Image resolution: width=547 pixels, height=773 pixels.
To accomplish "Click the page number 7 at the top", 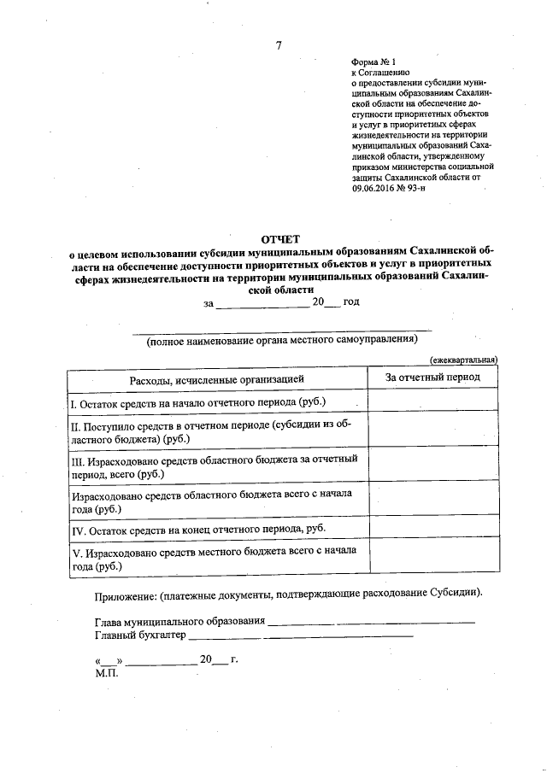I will [279, 46].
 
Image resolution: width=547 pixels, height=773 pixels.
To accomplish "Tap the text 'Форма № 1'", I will [373, 61].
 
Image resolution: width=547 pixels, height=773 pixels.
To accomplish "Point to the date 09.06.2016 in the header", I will [373, 188].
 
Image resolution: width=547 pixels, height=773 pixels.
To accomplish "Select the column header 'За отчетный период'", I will [432, 377].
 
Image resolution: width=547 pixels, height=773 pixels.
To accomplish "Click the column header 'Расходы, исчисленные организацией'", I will [216, 378].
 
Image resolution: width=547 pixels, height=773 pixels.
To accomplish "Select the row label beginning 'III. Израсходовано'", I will [214, 466].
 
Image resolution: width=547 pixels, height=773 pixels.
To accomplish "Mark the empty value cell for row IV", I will [432, 530].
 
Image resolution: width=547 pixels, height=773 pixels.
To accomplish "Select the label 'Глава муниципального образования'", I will [180, 621].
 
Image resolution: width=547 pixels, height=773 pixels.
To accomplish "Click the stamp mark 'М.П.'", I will [106, 672].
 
